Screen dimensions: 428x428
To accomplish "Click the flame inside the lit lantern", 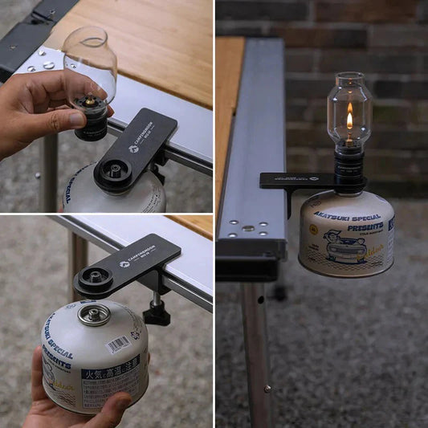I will [x=349, y=120].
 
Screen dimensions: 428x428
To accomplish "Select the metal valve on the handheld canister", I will [x=94, y=313].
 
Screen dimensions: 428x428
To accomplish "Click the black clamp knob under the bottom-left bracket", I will [x=156, y=312].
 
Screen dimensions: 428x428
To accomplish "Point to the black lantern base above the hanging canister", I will [x=350, y=168].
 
